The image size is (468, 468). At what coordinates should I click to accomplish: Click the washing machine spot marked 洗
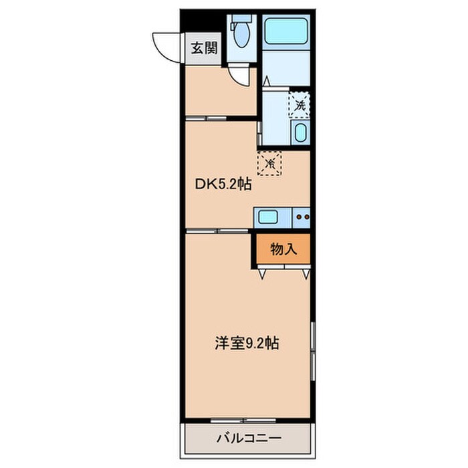click(300, 104)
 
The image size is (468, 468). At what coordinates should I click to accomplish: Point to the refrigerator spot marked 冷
click(270, 162)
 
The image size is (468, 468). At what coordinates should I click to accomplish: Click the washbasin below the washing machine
click(300, 133)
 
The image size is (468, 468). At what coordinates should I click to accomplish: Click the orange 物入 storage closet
click(283, 249)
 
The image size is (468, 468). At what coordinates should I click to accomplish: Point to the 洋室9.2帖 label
click(246, 344)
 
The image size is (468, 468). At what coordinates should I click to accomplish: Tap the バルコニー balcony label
click(249, 440)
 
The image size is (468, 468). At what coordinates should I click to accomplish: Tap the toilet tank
click(239, 22)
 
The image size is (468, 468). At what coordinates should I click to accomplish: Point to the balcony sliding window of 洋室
click(244, 421)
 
